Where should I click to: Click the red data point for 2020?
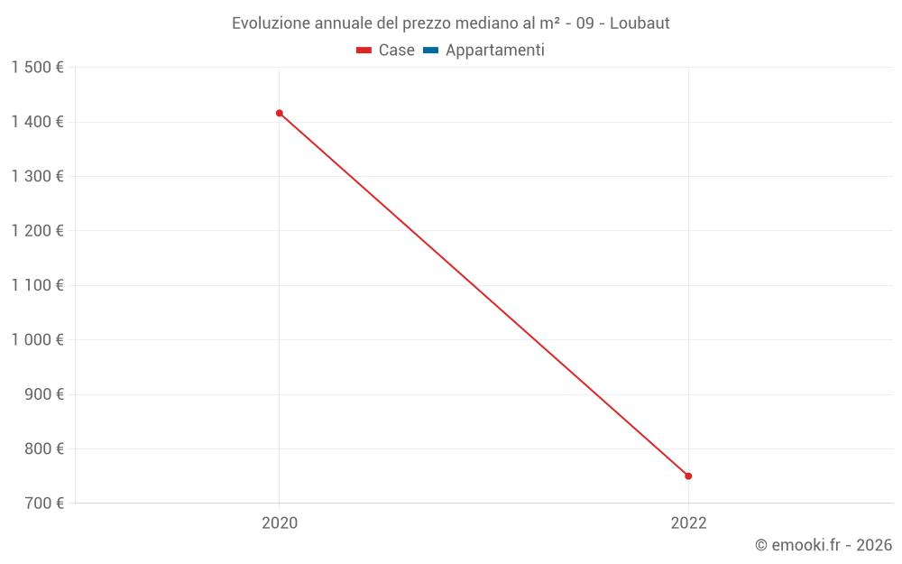(280, 113)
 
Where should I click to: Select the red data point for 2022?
(688, 476)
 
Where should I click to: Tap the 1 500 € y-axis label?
(37, 68)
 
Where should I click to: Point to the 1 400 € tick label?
(37, 122)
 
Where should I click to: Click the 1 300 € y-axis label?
(37, 177)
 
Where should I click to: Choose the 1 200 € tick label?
(37, 231)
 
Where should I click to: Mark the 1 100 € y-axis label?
(37, 286)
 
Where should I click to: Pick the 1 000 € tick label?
(37, 340)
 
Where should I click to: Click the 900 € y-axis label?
(41, 394)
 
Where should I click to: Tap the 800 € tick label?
(41, 449)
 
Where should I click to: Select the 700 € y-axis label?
(41, 504)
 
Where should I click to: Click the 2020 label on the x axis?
(280, 522)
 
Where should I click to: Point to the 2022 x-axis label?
(688, 522)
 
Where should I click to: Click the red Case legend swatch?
(364, 51)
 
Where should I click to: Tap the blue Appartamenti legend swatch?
(430, 51)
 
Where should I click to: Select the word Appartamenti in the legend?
(494, 51)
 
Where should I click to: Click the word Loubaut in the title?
(640, 23)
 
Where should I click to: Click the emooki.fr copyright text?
(824, 545)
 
